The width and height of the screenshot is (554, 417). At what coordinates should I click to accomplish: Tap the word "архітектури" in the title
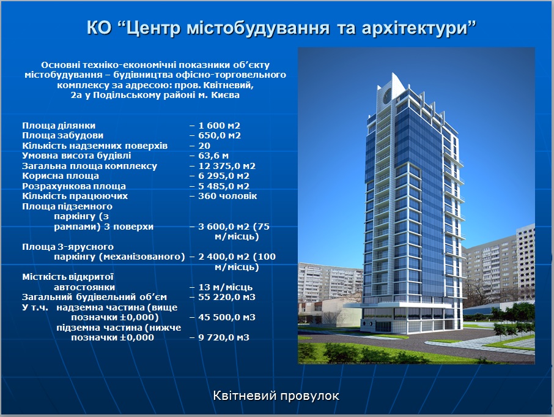click(x=415, y=28)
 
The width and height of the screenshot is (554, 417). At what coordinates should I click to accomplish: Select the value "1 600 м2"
click(x=219, y=126)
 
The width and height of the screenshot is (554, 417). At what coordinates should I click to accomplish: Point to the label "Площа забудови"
click(x=63, y=135)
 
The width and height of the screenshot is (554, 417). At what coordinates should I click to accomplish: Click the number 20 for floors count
click(x=204, y=146)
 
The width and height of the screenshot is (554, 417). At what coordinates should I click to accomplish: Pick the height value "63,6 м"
click(x=213, y=156)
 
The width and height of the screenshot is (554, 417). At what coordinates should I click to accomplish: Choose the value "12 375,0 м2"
click(x=227, y=166)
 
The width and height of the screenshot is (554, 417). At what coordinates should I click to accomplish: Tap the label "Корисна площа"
click(x=61, y=176)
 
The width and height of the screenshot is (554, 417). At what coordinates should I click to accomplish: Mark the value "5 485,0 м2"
click(x=224, y=186)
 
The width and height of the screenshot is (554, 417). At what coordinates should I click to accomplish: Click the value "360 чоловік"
click(x=227, y=196)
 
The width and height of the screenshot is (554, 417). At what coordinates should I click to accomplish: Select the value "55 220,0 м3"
click(x=227, y=297)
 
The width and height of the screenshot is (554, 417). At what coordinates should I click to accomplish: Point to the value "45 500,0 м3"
click(x=227, y=317)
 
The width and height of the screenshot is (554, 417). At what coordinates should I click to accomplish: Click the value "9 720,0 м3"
click(x=224, y=337)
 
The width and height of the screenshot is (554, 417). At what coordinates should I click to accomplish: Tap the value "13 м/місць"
click(x=226, y=287)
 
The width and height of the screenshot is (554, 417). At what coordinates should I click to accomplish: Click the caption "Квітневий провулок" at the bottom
click(x=276, y=396)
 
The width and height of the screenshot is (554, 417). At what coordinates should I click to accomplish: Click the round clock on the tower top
click(x=388, y=95)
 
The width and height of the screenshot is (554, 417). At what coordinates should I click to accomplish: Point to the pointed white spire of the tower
click(x=397, y=82)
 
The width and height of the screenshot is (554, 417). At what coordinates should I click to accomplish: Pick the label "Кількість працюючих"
click(x=75, y=196)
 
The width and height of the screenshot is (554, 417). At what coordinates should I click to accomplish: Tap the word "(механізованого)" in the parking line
click(x=142, y=257)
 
